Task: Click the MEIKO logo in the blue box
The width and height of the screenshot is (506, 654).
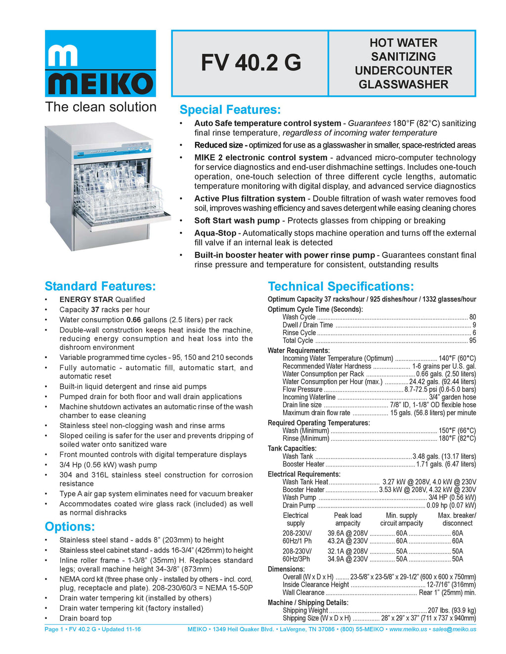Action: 100,64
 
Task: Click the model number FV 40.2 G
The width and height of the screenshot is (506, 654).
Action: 251,63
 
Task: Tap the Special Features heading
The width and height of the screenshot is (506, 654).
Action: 230,110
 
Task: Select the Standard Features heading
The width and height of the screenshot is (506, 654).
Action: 100,286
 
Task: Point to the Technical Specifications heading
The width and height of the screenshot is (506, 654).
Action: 340,286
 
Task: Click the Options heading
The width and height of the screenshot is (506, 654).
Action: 70,527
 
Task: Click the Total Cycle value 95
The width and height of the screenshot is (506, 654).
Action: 472,341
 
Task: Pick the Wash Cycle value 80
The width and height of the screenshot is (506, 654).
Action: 472,317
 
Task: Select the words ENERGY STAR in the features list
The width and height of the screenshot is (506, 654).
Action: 86,300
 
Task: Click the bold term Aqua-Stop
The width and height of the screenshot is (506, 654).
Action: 215,233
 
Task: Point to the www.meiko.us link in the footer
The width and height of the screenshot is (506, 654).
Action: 408,629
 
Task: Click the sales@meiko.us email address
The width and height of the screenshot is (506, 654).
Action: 454,629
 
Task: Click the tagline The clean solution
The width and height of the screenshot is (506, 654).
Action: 101,107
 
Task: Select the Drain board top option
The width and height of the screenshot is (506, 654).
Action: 85,618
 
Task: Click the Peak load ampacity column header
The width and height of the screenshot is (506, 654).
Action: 348,519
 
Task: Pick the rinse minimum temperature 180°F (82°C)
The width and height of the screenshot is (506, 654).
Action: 457,438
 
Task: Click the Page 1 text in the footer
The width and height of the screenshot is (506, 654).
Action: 54,629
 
